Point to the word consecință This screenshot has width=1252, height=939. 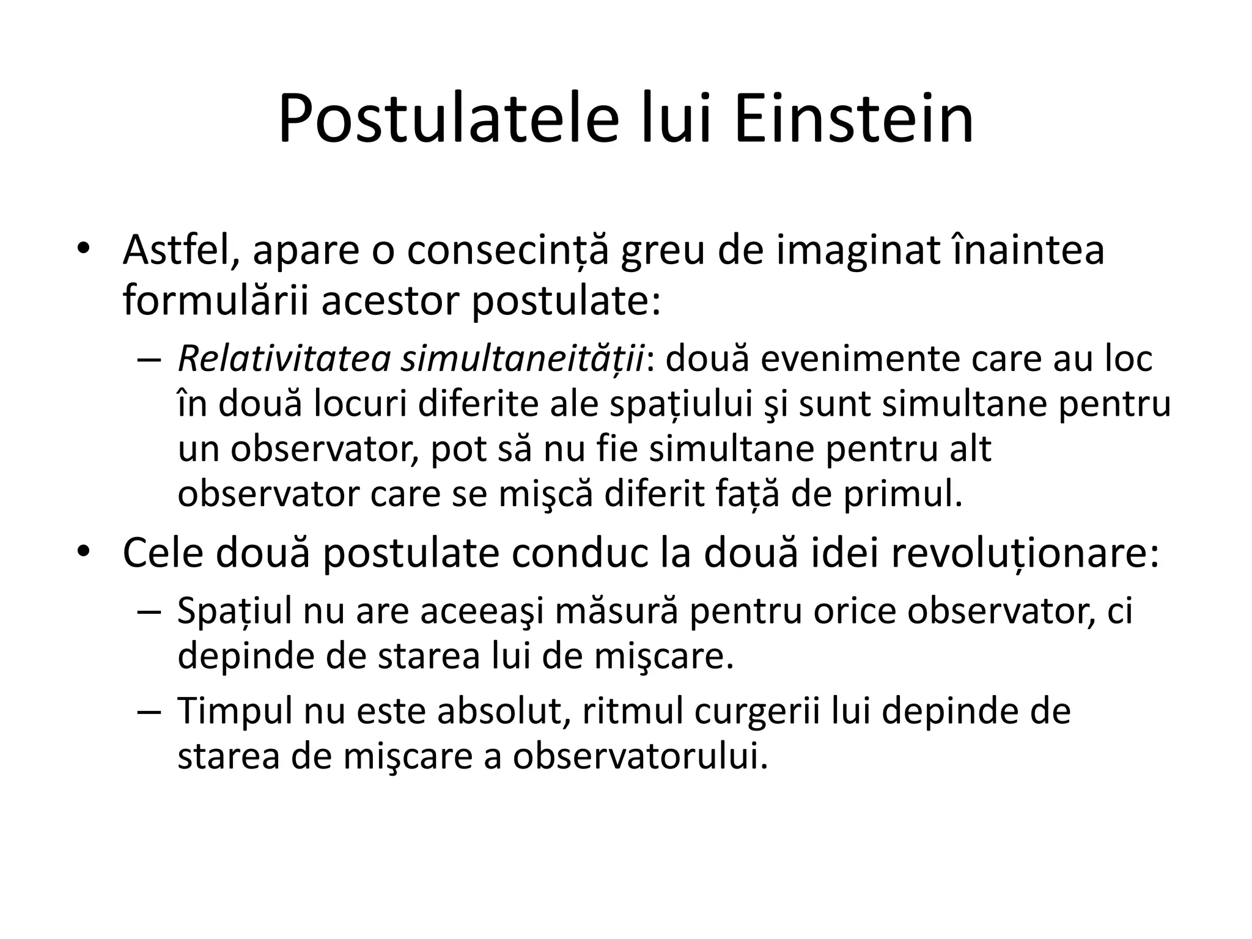point(508,251)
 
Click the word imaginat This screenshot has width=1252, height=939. point(856,251)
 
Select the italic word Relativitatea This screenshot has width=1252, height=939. point(284,358)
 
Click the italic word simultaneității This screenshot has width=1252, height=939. point(523,359)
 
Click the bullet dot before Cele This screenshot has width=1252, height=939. point(84,551)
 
